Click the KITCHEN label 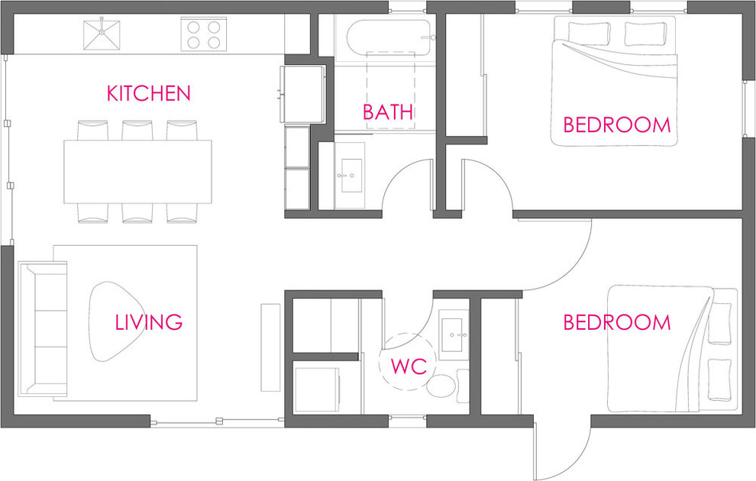(x=148, y=93)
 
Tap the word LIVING (x=148, y=322)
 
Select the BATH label (x=388, y=111)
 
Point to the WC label (x=409, y=366)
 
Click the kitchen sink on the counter (x=102, y=34)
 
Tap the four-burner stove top (x=203, y=34)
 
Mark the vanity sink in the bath (x=350, y=176)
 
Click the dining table (x=137, y=172)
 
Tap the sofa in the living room (x=43, y=329)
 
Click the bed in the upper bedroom (x=614, y=81)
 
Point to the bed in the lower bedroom (x=672, y=349)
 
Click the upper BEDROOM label (x=617, y=124)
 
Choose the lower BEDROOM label (x=617, y=322)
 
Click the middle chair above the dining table (x=137, y=130)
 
